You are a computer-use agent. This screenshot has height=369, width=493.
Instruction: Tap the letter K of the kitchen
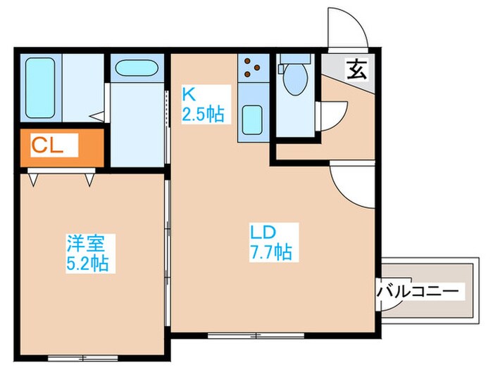189,93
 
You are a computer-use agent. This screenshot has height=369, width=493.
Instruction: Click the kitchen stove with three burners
251,67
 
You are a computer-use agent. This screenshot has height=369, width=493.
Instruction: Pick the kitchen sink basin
251,119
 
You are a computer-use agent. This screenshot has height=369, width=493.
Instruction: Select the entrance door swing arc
347,27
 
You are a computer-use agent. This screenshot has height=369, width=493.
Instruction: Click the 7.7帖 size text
270,250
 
